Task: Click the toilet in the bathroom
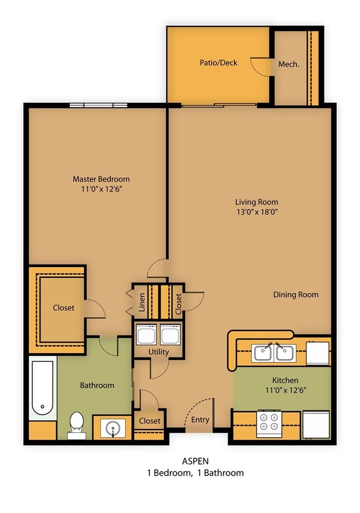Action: point(77,424)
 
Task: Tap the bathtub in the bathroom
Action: point(43,388)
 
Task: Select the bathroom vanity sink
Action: point(113,428)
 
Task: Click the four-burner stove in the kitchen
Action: point(269,424)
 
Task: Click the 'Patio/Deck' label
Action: point(218,63)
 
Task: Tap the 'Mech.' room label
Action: point(289,64)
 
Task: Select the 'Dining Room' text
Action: point(296,294)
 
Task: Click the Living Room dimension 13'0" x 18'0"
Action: point(257,212)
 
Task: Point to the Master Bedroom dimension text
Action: point(101,189)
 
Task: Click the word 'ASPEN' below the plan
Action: point(196,461)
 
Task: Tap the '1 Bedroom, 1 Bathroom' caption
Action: point(196,473)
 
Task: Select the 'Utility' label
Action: point(158,352)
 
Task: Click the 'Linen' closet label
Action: point(142,302)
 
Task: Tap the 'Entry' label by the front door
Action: point(200,420)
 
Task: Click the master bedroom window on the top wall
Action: point(98,105)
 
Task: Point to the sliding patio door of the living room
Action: point(219,105)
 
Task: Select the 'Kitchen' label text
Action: point(285,380)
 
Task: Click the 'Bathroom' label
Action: point(97,385)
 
